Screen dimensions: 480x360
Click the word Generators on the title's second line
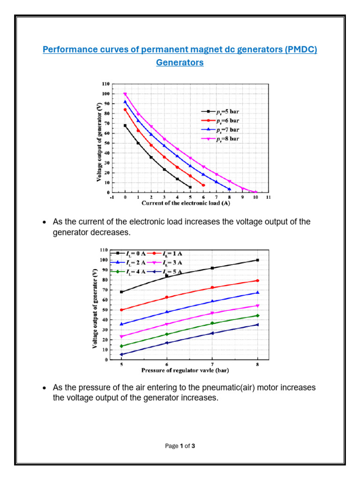180,62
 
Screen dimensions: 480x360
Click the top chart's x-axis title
189,203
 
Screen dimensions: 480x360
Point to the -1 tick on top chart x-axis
111,198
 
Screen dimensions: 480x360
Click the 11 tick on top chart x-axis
268,198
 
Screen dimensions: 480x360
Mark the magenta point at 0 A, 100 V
125,94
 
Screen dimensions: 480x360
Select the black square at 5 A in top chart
190,187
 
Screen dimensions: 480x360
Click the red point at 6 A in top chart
203,185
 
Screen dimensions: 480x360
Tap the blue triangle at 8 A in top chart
229,189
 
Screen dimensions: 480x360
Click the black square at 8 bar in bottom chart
257,260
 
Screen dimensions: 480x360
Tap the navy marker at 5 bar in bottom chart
121,354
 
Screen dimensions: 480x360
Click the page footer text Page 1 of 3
180,446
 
